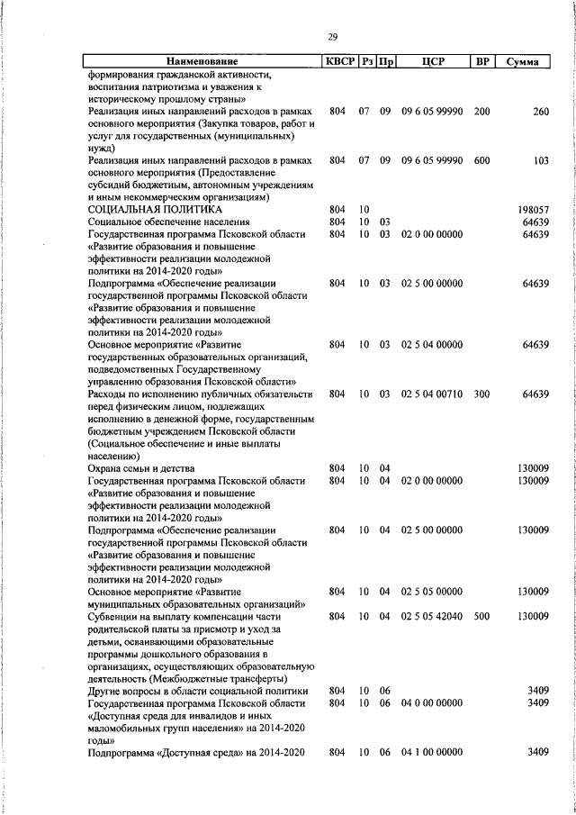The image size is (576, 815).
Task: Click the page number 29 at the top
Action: pos(333,36)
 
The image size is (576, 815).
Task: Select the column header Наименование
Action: pos(202,62)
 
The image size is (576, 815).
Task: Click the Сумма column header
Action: pos(523,62)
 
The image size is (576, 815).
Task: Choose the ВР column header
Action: pos(481,62)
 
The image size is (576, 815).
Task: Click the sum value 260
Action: pos(540,111)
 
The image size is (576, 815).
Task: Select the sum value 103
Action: pos(540,159)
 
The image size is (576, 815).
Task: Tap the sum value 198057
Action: pos(534,209)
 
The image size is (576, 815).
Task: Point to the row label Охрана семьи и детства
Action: pos(141,468)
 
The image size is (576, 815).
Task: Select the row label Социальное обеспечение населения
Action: pos(168,221)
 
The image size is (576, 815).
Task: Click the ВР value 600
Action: pos(481,159)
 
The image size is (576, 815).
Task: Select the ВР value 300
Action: pos(481,394)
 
